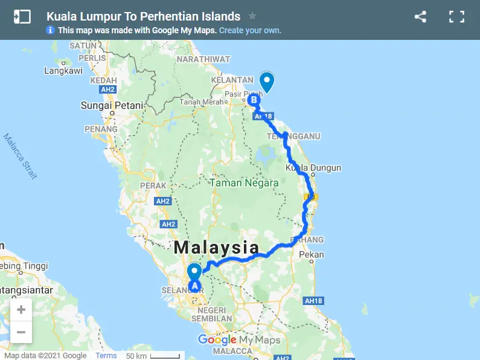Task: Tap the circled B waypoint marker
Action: coord(254,100)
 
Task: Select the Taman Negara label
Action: coord(244,182)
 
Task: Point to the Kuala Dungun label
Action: coord(313,168)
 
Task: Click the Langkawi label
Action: coord(63,71)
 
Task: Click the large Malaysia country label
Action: coord(217,248)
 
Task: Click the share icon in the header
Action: coord(420,17)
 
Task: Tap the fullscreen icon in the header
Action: coord(456,17)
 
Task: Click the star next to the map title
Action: coord(252,16)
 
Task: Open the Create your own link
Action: coord(250,30)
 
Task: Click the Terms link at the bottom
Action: coord(106,355)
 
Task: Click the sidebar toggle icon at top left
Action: coord(22,16)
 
